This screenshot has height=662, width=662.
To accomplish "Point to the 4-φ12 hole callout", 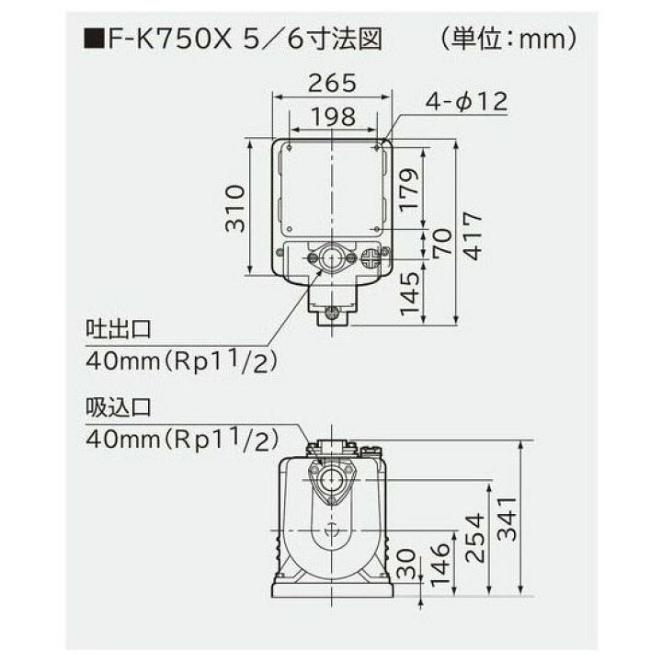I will [465, 102].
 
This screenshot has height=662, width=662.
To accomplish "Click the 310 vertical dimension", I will [235, 210].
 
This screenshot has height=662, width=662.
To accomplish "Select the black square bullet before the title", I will [92, 41].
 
